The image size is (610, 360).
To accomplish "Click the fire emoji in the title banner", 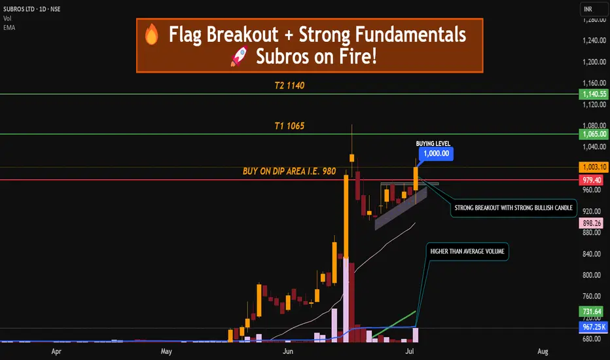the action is [x=152, y=34].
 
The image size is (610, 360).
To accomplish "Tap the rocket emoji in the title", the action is [x=240, y=56].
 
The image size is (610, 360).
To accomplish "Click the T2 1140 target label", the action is [x=289, y=86].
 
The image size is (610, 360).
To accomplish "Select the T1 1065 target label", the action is [x=289, y=126].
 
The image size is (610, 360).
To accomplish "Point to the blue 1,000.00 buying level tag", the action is [x=436, y=153].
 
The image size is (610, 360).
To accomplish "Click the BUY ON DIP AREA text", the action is [x=289, y=171].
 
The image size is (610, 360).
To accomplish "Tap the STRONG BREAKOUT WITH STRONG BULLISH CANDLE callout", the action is [x=514, y=208].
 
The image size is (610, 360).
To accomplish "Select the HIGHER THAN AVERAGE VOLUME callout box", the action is [x=467, y=251].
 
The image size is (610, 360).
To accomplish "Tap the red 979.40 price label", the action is [x=592, y=180].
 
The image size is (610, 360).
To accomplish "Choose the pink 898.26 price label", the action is [x=592, y=223].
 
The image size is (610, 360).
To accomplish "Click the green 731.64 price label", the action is [x=592, y=312].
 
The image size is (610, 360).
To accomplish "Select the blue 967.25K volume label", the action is [x=594, y=327].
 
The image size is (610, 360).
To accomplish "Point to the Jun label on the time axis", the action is [x=288, y=351].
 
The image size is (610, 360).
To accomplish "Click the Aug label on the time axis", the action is [x=543, y=351].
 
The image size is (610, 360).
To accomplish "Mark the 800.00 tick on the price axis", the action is [x=594, y=275].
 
